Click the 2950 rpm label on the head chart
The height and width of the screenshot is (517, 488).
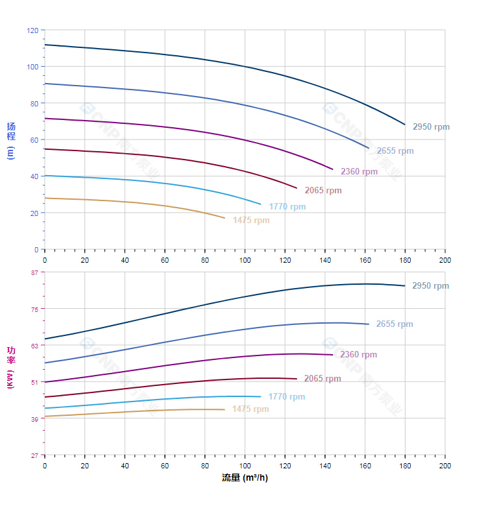point(431,127)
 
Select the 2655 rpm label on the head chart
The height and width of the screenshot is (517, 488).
point(395,151)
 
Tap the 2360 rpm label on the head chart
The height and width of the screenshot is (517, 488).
point(359,172)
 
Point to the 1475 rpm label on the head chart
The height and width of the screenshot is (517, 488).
point(251,221)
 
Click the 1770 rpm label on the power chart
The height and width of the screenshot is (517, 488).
point(286,397)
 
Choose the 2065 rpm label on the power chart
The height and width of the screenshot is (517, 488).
point(323,379)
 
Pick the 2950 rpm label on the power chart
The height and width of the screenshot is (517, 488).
point(430,286)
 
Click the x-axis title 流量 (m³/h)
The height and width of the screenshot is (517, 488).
point(245,478)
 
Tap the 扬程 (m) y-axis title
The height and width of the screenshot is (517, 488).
point(10,140)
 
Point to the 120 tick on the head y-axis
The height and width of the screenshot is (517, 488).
point(32,30)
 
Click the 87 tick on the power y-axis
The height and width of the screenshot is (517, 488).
point(34,272)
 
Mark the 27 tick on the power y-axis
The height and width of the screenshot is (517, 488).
point(34,455)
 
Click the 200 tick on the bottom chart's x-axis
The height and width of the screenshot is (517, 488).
point(445,466)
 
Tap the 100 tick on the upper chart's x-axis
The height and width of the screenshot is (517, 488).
point(245,260)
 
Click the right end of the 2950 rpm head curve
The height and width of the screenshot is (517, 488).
point(405,125)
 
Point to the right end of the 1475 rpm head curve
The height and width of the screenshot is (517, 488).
point(225,218)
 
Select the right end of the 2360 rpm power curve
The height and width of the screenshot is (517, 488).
point(333,355)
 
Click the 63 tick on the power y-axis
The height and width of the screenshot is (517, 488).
point(34,346)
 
